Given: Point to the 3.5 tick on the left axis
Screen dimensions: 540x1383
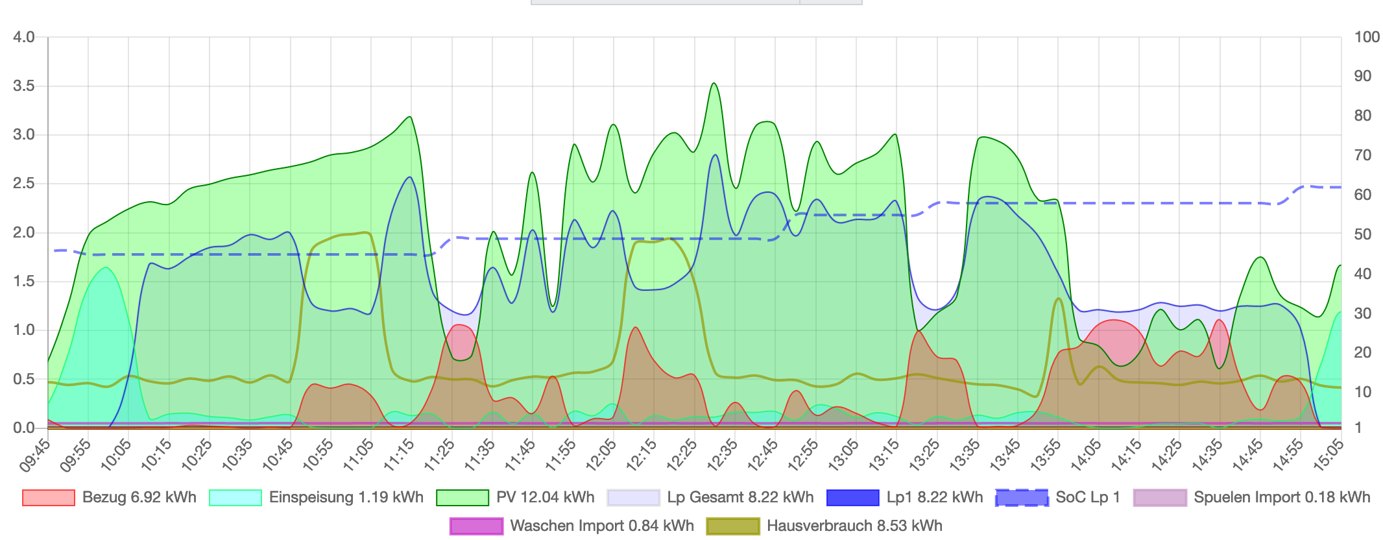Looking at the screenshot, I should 24,86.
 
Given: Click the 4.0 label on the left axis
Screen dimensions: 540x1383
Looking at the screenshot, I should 24,37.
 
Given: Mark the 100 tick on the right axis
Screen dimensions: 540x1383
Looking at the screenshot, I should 1367,37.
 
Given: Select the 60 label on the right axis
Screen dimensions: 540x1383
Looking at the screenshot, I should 1363,195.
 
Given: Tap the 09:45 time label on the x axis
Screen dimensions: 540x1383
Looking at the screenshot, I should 36,454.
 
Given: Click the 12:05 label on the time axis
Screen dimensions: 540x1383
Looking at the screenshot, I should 602,454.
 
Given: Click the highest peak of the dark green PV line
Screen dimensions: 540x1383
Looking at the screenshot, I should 714,83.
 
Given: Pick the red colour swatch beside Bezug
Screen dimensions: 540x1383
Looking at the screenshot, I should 48,498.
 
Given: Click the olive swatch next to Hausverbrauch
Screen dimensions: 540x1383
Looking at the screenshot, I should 732,526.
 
